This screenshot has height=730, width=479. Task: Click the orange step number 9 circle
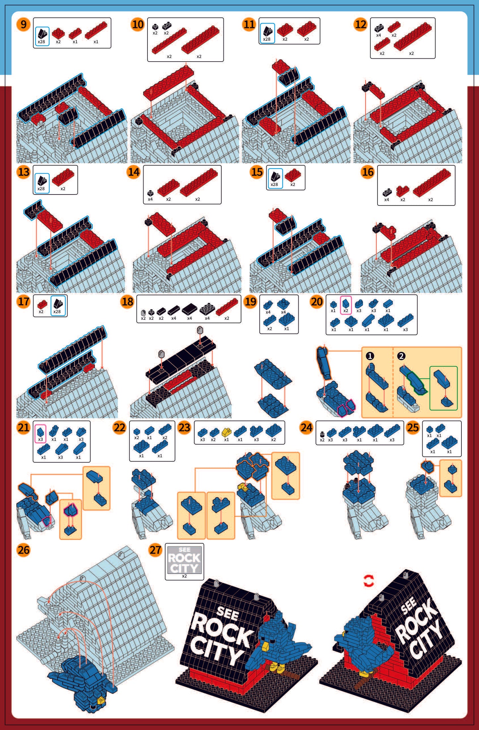23,24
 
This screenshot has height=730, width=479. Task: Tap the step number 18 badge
127,302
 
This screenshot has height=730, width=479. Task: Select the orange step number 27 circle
155,550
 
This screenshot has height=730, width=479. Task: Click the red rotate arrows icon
368,581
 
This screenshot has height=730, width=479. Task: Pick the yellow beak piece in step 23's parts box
226,432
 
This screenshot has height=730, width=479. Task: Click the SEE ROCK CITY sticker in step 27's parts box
184,560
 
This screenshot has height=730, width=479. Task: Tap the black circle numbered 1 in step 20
370,356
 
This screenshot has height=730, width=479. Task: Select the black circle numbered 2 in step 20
401,356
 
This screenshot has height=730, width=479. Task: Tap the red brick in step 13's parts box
63,177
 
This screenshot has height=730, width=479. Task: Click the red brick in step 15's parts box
293,175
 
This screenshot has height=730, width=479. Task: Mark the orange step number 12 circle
361,24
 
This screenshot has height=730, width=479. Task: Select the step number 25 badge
413,427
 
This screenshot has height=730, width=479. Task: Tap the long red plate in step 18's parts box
227,307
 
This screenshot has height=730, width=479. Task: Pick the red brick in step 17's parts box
42,304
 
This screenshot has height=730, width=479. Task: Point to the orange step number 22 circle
119,427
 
